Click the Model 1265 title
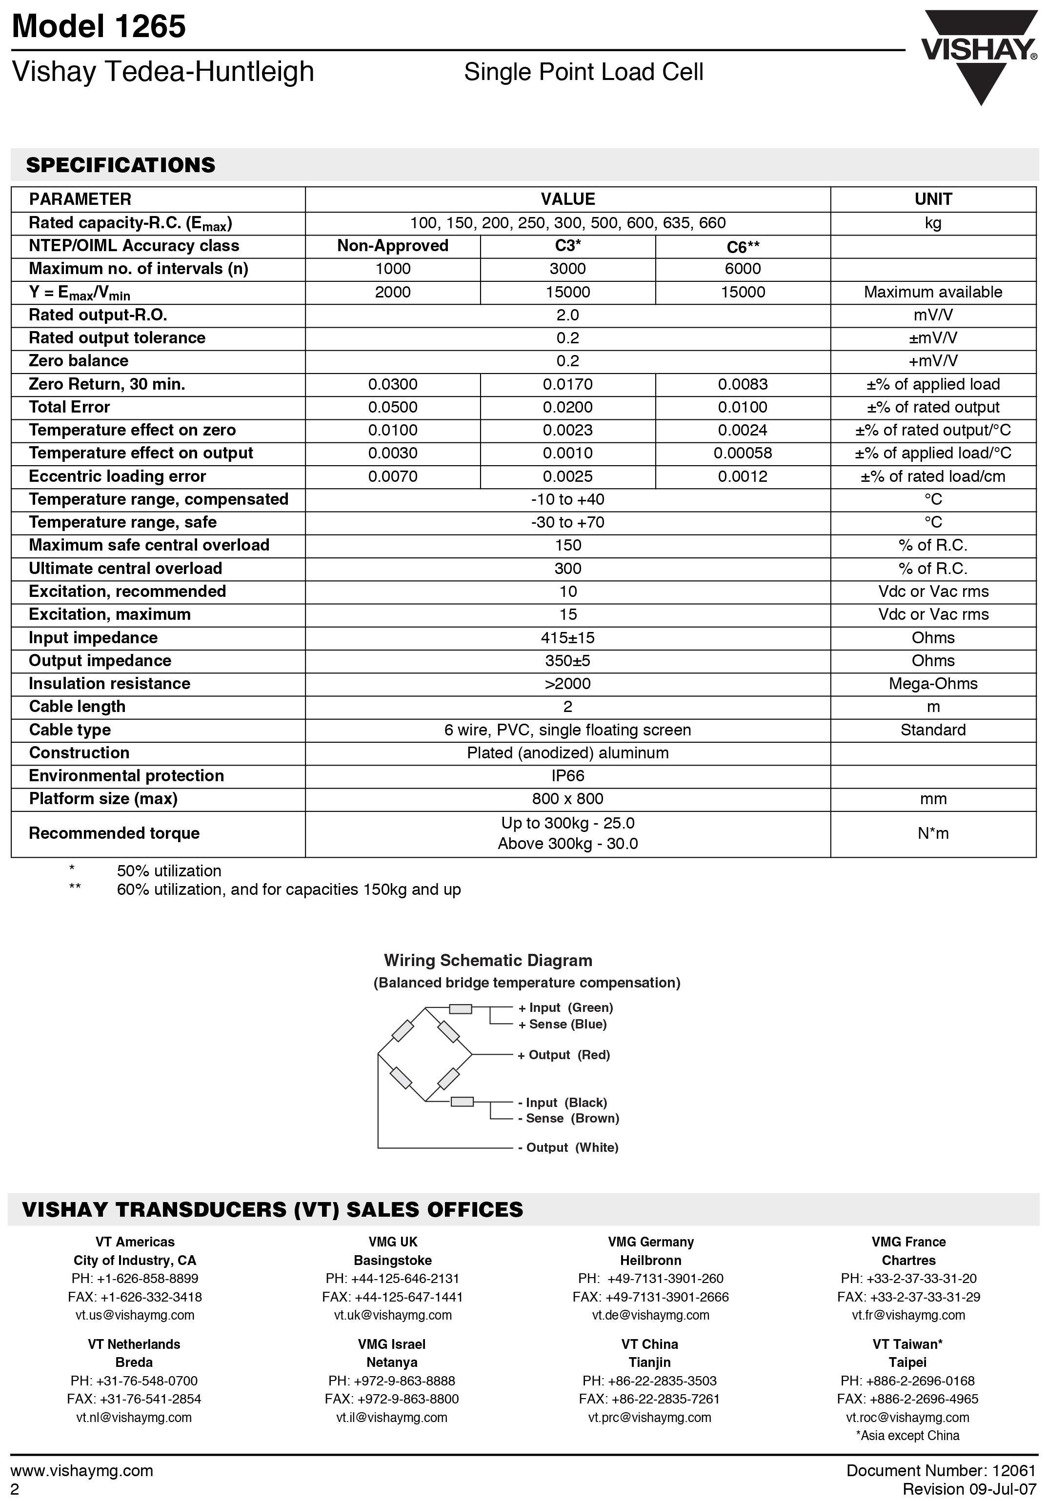tap(99, 27)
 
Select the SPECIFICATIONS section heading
tap(121, 165)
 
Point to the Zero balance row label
tap(79, 361)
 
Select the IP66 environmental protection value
tap(567, 776)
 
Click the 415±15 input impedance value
tap(567, 638)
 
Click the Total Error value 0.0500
tap(392, 407)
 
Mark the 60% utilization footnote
tap(288, 890)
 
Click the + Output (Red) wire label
tap(563, 1055)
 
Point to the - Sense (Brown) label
tap(568, 1119)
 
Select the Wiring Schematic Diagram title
tap(488, 960)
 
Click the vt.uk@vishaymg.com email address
tap(392, 1315)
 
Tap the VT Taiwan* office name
tap(907, 1344)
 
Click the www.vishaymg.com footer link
tap(82, 1471)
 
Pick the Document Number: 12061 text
tap(941, 1471)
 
